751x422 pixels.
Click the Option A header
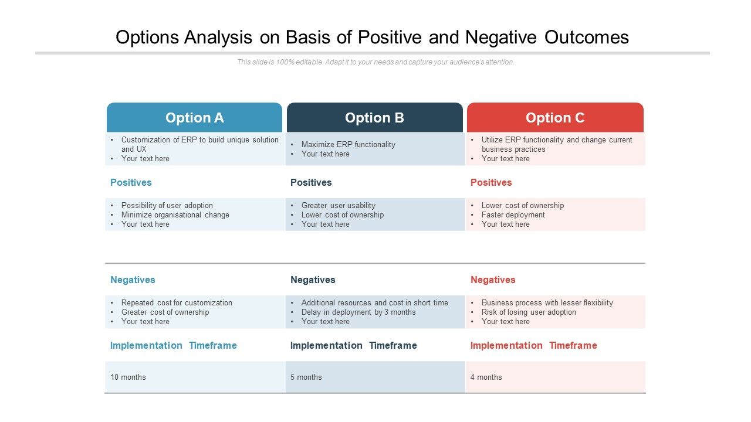(x=194, y=118)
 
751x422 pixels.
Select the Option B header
(x=374, y=118)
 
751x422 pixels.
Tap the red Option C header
(x=555, y=118)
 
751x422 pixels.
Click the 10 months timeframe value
(x=128, y=377)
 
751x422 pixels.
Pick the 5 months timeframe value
(x=306, y=377)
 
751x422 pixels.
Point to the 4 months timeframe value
(x=486, y=377)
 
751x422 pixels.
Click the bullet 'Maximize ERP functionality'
(x=348, y=144)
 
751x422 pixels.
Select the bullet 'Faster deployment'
(x=513, y=215)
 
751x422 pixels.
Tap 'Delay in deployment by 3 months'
(x=358, y=312)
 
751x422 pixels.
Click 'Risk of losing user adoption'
(x=529, y=312)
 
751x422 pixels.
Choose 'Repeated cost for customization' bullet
(x=177, y=302)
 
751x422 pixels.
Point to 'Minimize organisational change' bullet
(x=175, y=215)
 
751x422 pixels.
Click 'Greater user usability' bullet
(x=339, y=205)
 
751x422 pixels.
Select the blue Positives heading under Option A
(x=131, y=182)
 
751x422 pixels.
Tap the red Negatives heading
(x=493, y=280)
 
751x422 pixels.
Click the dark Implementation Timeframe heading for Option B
(x=353, y=345)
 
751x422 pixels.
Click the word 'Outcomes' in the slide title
(x=586, y=37)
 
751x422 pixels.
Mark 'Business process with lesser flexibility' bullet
(x=547, y=302)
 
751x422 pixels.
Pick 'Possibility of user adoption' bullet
(x=167, y=205)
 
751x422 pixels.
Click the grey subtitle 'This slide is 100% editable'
(x=375, y=62)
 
